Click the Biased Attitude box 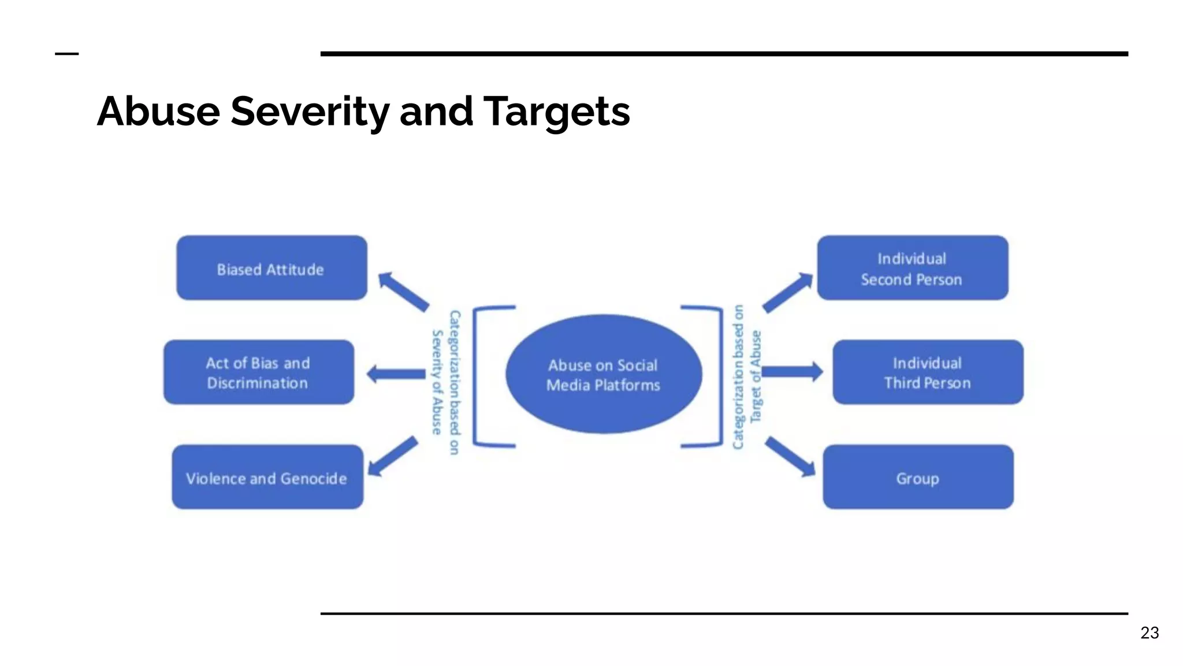point(271,268)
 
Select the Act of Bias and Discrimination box point(259,372)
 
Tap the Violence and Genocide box point(267,477)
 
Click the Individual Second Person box point(913,268)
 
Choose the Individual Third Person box point(928,372)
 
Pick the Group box point(918,477)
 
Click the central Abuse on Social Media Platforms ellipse point(604,375)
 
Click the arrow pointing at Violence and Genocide point(393,457)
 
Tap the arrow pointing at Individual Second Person point(787,293)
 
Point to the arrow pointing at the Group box point(790,457)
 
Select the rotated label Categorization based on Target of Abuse point(746,377)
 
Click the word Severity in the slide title point(310,112)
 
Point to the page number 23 point(1149,632)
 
